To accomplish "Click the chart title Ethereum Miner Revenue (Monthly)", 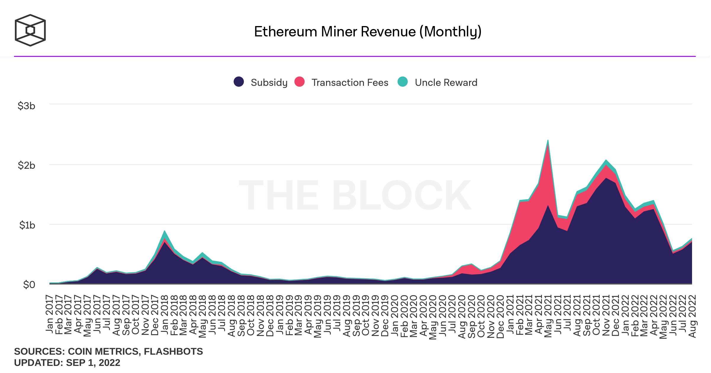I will [367, 32].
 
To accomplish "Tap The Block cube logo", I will [30, 30].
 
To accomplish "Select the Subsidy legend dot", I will [239, 82].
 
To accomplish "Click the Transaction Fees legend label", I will [350, 82].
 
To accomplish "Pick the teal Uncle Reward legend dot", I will [402, 82].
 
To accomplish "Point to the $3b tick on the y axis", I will [26, 106].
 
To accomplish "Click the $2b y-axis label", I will [26, 165].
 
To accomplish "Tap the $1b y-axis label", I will [27, 225].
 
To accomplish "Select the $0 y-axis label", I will [29, 284].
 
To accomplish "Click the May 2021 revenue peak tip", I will [548, 140].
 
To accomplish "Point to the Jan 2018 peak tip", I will [164, 231].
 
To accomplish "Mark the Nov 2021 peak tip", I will [606, 160].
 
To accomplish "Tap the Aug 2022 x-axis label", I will [692, 316].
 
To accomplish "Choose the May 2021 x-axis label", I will [548, 316].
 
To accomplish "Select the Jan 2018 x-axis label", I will [164, 314].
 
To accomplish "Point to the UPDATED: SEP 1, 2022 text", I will [67, 363].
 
